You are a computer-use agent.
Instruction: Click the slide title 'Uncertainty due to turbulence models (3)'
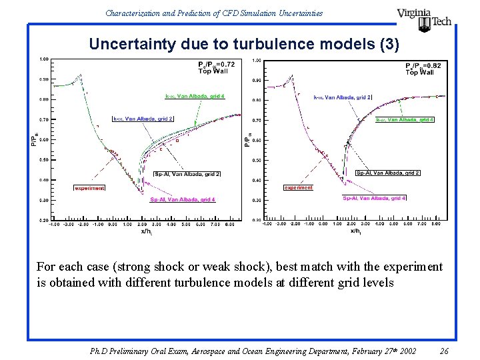coord(244,45)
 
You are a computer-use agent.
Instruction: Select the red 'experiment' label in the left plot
coord(89,188)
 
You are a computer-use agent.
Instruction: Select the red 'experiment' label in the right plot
coord(298,187)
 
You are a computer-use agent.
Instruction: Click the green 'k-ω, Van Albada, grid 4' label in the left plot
coord(195,96)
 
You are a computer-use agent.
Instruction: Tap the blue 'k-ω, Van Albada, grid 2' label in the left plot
coord(143,119)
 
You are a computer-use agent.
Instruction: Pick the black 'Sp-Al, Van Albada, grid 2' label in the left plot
coord(187,173)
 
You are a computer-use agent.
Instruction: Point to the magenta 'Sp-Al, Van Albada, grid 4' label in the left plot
coord(183,199)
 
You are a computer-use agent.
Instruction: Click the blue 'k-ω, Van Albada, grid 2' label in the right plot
coord(342,97)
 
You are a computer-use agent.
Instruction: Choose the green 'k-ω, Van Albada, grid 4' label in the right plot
coord(405,120)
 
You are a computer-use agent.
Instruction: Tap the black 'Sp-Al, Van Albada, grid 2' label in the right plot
coord(387,173)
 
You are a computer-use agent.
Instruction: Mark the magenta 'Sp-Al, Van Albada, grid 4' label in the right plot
coord(374,198)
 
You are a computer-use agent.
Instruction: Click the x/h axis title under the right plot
coord(354,231)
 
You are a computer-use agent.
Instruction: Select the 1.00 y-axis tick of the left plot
coord(43,59)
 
